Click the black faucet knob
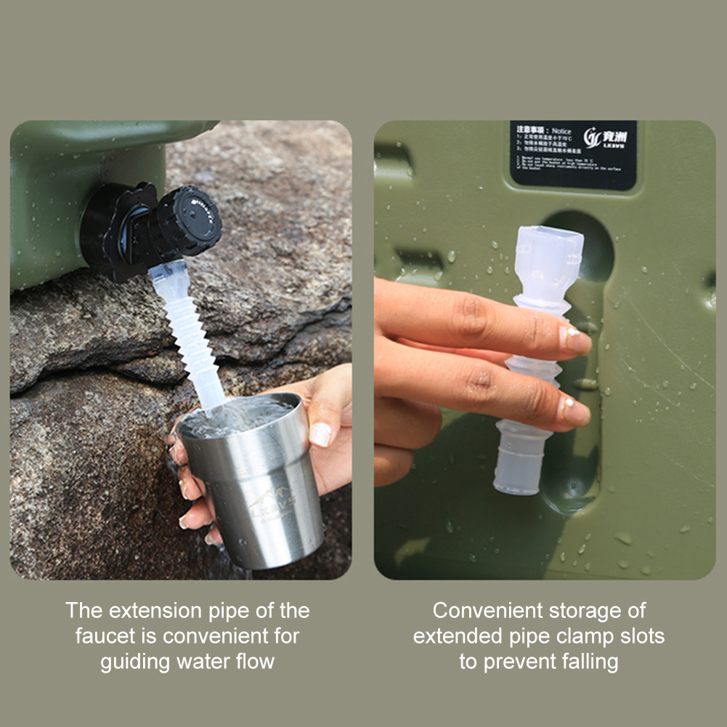click(190, 220)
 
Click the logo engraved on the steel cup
click(274, 503)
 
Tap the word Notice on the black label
click(561, 131)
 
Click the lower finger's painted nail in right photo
click(573, 410)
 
